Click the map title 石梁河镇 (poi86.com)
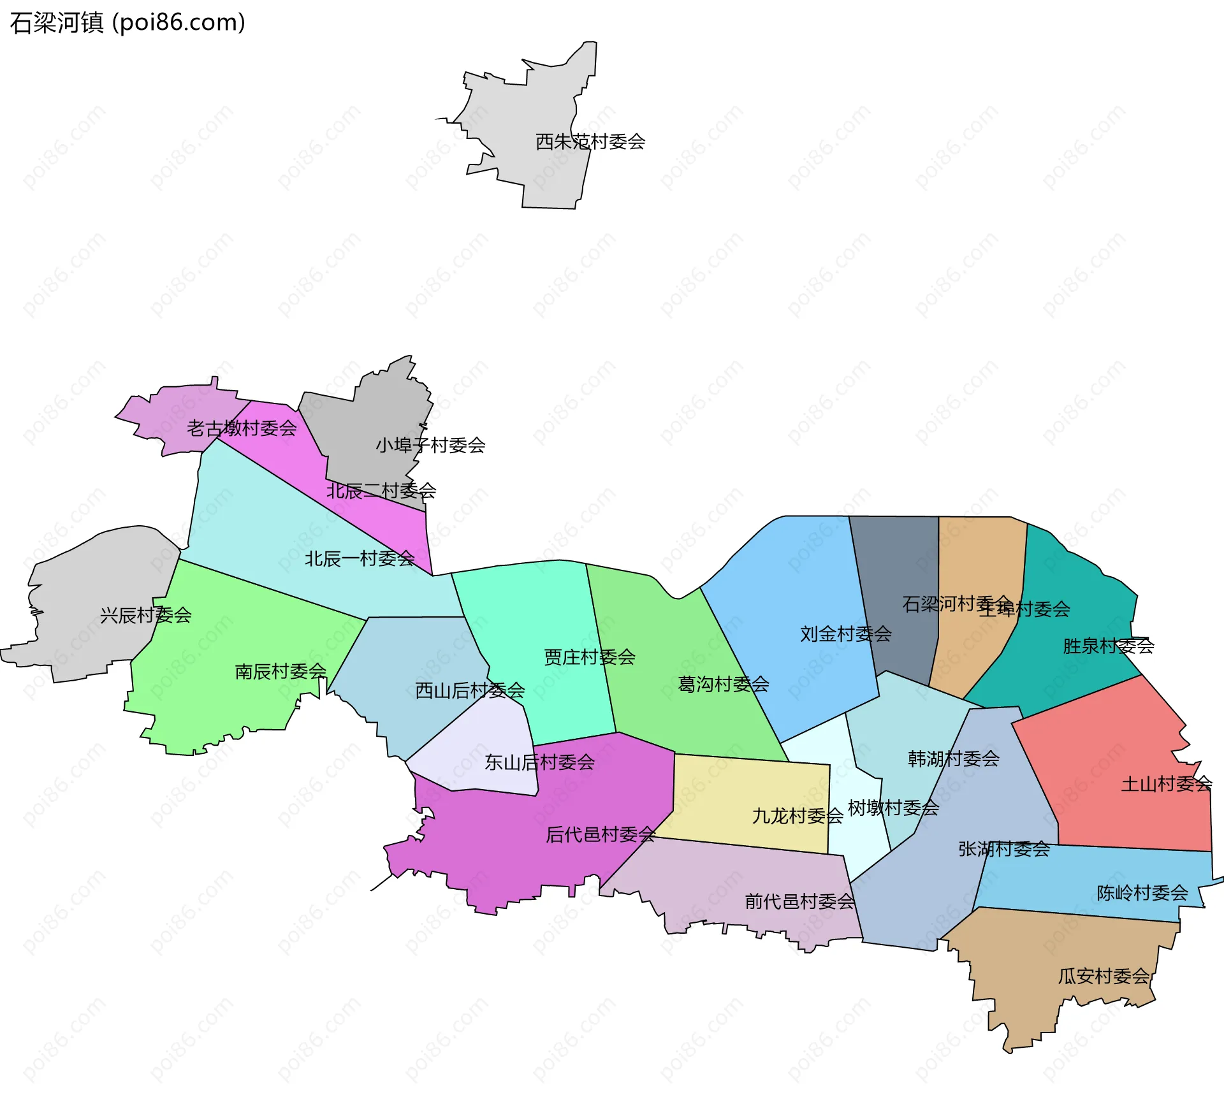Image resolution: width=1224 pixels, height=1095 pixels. (127, 23)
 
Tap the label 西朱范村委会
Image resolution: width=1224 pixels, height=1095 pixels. (590, 141)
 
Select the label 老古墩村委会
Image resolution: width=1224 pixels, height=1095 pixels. (242, 428)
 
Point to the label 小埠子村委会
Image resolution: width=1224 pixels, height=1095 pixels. (430, 445)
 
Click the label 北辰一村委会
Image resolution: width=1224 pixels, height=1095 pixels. (360, 559)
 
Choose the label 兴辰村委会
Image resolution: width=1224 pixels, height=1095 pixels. (146, 615)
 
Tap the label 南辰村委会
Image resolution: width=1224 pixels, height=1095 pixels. (280, 671)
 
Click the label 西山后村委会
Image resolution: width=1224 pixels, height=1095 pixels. (470, 690)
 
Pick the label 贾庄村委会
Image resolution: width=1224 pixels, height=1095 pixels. (590, 657)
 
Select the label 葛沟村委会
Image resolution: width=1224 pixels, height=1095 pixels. (724, 685)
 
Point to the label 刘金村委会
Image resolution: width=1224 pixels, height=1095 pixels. (846, 634)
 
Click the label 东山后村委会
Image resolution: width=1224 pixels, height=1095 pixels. (539, 762)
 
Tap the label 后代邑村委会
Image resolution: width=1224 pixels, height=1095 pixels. (601, 834)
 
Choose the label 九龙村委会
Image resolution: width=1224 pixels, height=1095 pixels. (798, 816)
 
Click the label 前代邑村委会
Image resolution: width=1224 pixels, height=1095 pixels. (799, 901)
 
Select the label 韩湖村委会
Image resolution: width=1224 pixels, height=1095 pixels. (954, 758)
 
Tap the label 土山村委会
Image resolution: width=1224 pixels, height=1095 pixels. (1167, 784)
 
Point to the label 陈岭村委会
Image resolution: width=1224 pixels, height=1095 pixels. (1142, 893)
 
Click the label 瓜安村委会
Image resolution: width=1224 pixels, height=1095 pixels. (1104, 976)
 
